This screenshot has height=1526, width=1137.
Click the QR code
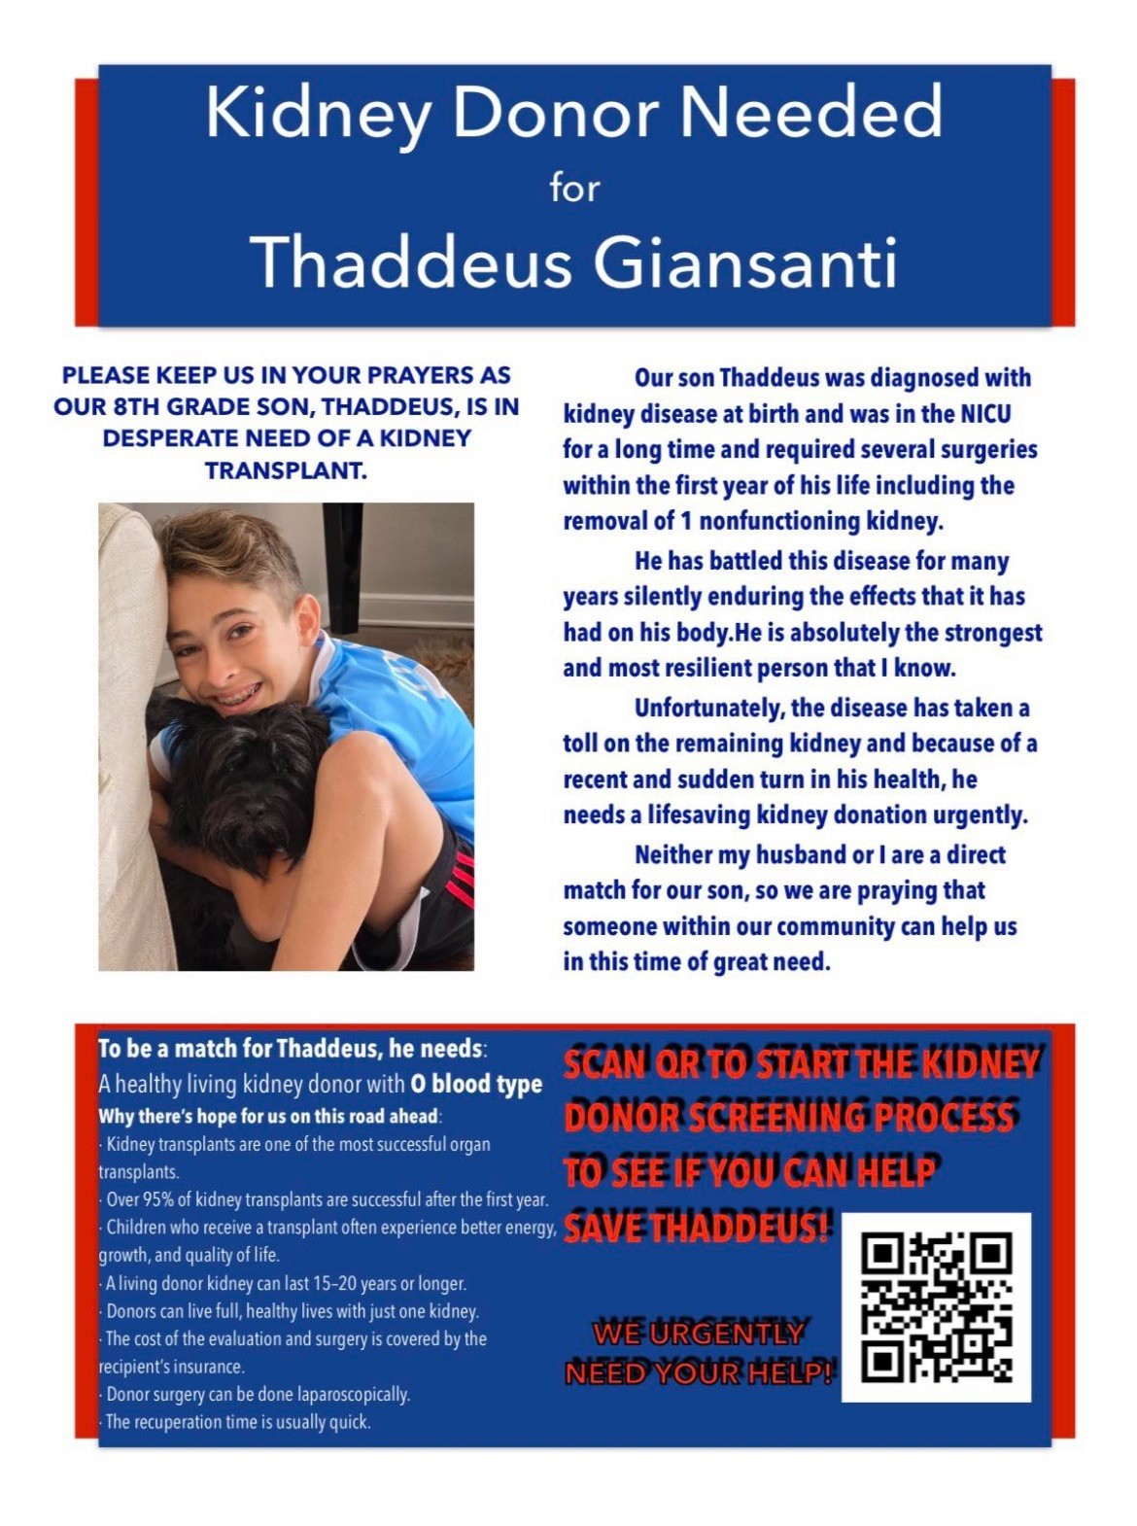click(x=936, y=1306)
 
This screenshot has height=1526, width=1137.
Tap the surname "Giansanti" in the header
click(x=745, y=263)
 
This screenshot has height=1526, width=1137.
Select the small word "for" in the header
click(x=574, y=188)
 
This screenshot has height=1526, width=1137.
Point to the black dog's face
click(x=225, y=778)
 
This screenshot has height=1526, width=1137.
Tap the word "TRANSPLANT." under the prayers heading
click(x=286, y=470)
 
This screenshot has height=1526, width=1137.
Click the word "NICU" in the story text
click(x=986, y=414)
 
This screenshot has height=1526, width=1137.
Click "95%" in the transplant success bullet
click(x=159, y=1199)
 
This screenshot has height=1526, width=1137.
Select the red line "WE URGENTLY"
click(x=699, y=1334)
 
